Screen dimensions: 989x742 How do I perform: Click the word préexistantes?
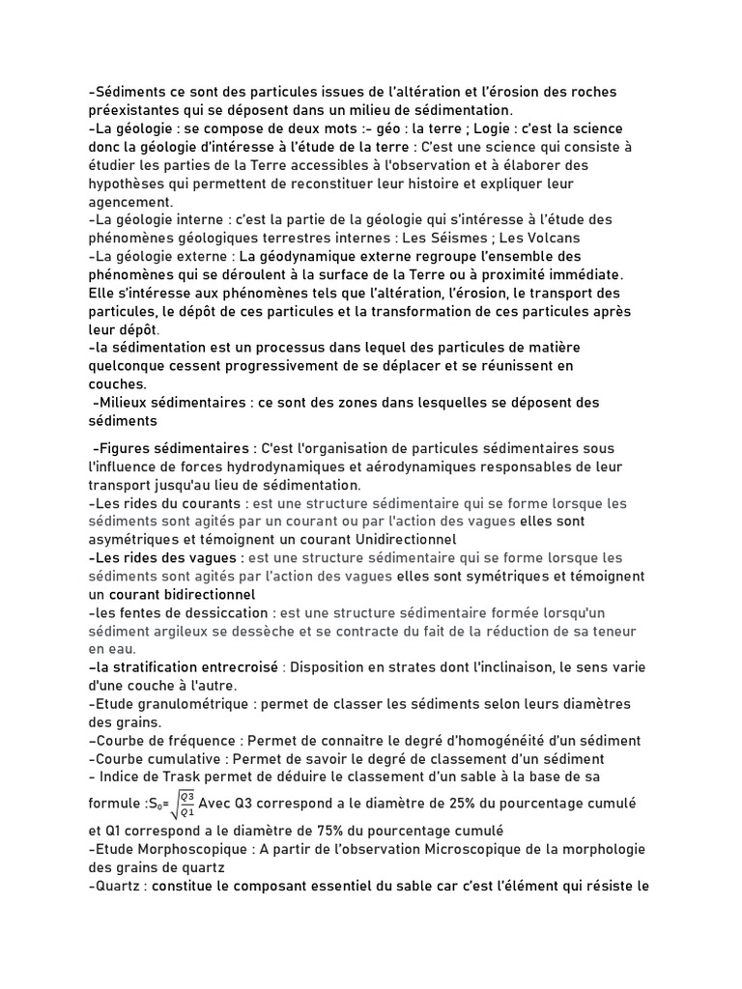click(133, 110)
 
